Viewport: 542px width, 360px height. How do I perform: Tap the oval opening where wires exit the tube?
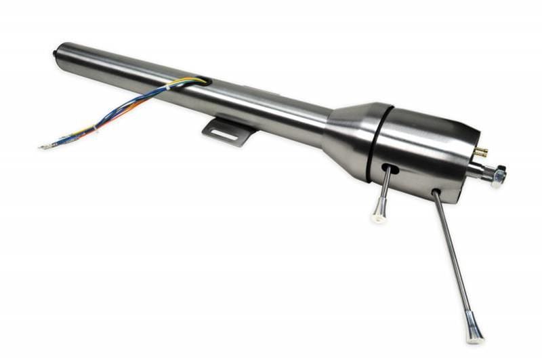pos(201,82)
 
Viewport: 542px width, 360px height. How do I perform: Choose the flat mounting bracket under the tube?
pos(228,130)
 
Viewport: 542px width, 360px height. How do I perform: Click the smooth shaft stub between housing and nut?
pos(477,170)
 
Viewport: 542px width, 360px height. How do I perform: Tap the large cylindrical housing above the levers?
pos(420,146)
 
